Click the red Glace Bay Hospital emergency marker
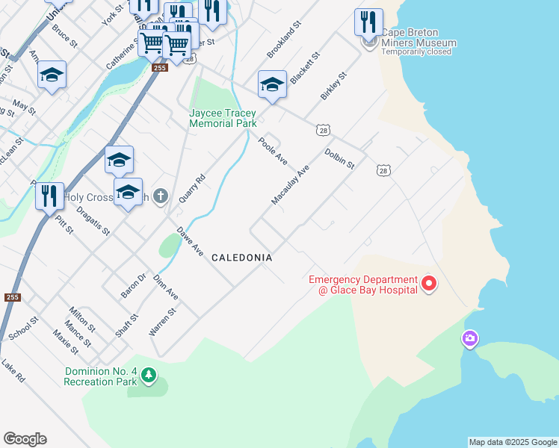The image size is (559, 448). pyautogui.click(x=429, y=284)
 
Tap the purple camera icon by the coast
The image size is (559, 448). pyautogui.click(x=469, y=339)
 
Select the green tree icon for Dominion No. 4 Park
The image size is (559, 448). pyautogui.click(x=149, y=373)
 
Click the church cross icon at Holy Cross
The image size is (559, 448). pyautogui.click(x=161, y=197)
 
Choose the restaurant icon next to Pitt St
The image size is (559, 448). pyautogui.click(x=49, y=196)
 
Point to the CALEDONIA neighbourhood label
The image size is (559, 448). pyautogui.click(x=241, y=258)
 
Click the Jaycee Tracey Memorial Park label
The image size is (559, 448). pyautogui.click(x=223, y=118)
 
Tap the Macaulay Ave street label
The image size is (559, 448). pyautogui.click(x=291, y=186)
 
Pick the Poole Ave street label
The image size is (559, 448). pyautogui.click(x=273, y=151)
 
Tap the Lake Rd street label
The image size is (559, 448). pyautogui.click(x=13, y=370)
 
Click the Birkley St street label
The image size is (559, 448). pyautogui.click(x=334, y=87)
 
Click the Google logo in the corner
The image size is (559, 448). pyautogui.click(x=25, y=439)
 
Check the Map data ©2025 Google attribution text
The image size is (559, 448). pyautogui.click(x=513, y=442)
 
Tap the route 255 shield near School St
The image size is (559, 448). pyautogui.click(x=11, y=296)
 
